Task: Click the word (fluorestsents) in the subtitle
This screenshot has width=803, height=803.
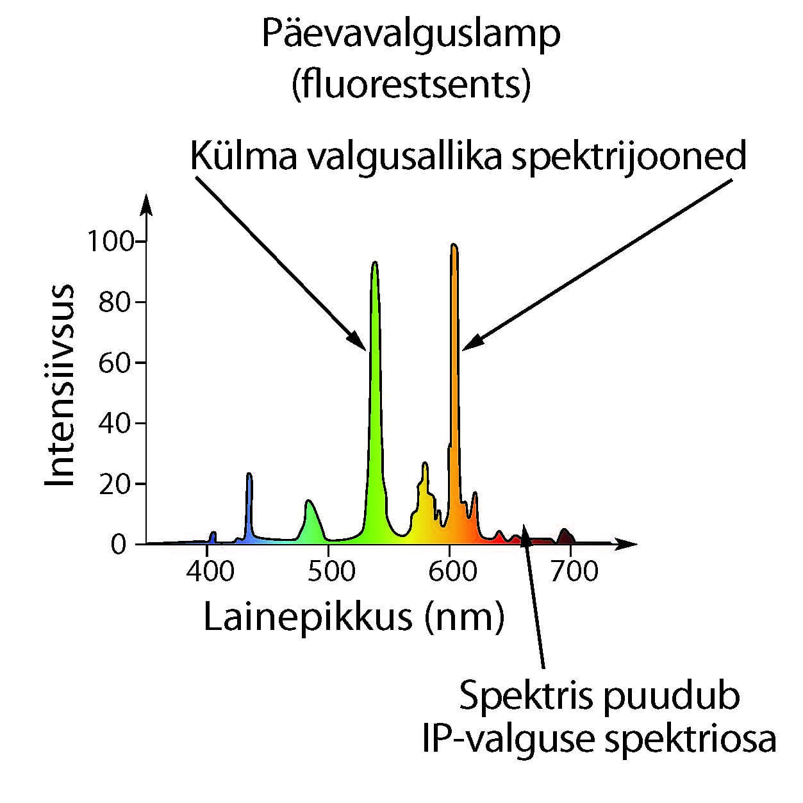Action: point(411,84)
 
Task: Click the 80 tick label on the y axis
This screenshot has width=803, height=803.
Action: point(115,302)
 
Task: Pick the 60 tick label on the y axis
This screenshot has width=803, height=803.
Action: point(115,363)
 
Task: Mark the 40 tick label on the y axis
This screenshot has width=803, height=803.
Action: point(115,423)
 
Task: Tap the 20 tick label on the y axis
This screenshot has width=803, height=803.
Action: point(115,484)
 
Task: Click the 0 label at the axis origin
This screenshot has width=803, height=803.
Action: point(119,545)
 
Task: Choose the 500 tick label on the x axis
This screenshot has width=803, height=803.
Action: point(331,570)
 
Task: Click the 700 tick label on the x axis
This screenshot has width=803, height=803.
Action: point(574,570)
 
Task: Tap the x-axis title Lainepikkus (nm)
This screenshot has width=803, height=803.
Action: point(354,617)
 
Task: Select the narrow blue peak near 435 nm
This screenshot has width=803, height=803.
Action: point(249,476)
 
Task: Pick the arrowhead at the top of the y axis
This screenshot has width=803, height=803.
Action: point(147,200)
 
